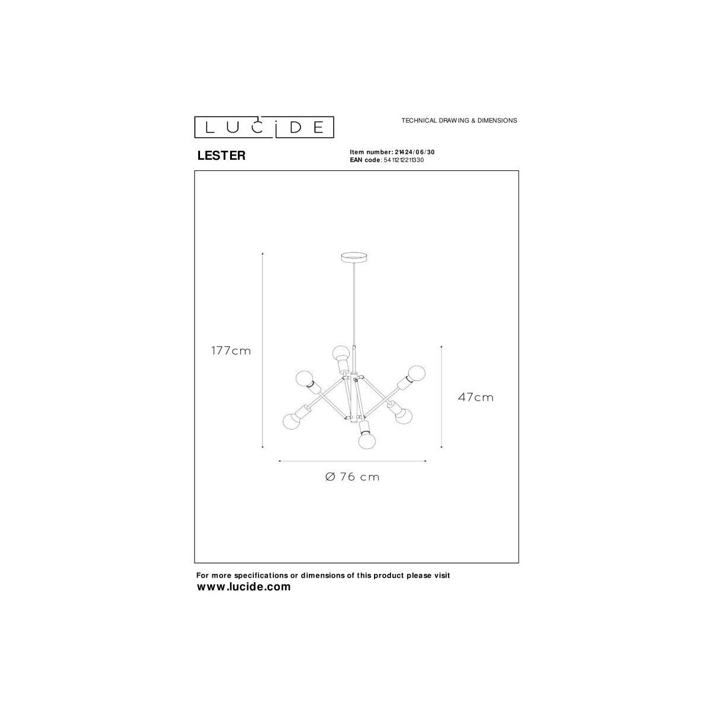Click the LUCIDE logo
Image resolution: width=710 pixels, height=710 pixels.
coord(264,127)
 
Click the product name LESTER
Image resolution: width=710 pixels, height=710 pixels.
coord(221,156)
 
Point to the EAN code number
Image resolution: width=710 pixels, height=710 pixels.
coord(404,160)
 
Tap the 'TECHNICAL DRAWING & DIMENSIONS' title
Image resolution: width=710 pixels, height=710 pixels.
coord(459,120)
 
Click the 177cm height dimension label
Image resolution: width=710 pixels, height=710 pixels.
coord(231,351)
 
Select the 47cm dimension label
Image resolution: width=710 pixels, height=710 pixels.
coord(475,398)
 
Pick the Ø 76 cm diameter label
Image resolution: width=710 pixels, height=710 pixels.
coord(353,477)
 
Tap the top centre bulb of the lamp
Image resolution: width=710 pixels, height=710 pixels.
coord(340,353)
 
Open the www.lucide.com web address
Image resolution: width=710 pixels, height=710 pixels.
coord(244,587)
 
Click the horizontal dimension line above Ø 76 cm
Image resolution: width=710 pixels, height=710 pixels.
coord(353,461)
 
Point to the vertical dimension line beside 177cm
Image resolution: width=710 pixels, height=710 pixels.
coord(262,350)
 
